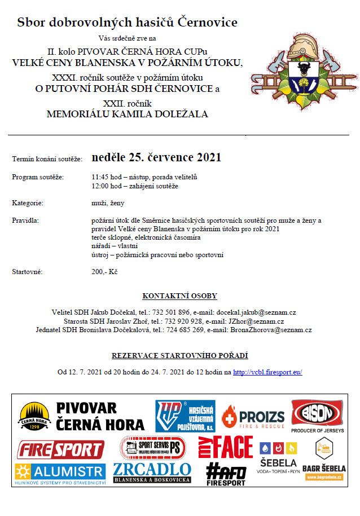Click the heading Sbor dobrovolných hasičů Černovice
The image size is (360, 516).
(127, 23)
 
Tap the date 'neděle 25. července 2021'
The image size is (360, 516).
(156, 157)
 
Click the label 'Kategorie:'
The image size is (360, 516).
(28, 202)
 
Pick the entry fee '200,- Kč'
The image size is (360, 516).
(104, 272)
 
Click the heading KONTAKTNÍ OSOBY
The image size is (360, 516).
(179, 296)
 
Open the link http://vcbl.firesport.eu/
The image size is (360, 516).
(268, 372)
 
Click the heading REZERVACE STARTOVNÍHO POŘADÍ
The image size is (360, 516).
(179, 355)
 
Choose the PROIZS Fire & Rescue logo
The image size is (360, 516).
(253, 418)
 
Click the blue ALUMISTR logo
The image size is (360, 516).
(60, 472)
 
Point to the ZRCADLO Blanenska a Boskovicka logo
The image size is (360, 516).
(152, 473)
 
